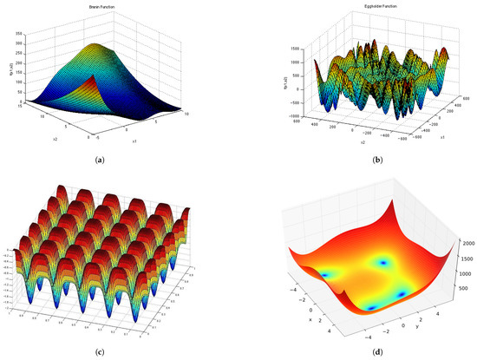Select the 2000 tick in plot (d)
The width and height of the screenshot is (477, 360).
[x=463, y=222]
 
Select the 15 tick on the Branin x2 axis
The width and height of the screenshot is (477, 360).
[x=16, y=105]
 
